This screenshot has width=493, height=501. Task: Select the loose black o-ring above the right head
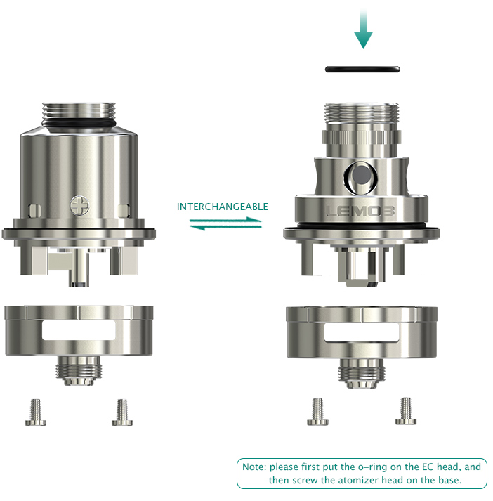(362, 69)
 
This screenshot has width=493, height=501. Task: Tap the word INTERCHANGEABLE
(222, 207)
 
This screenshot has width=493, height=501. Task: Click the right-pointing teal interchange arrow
(225, 220)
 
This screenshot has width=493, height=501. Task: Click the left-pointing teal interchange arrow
(225, 227)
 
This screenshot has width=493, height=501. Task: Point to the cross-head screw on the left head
(79, 205)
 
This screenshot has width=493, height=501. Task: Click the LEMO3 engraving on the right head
(360, 212)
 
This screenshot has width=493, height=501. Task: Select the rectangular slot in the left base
(79, 330)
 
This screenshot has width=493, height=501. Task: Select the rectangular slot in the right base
(362, 332)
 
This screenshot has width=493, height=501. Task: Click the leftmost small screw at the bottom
(35, 412)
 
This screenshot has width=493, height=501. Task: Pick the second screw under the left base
(122, 412)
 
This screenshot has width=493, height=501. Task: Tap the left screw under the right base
(317, 412)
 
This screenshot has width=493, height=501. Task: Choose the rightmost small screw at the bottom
(406, 411)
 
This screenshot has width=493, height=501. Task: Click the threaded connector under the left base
(79, 370)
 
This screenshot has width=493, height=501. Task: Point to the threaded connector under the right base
(362, 373)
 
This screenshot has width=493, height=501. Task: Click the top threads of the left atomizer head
(79, 111)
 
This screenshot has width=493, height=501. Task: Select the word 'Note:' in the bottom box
(254, 467)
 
